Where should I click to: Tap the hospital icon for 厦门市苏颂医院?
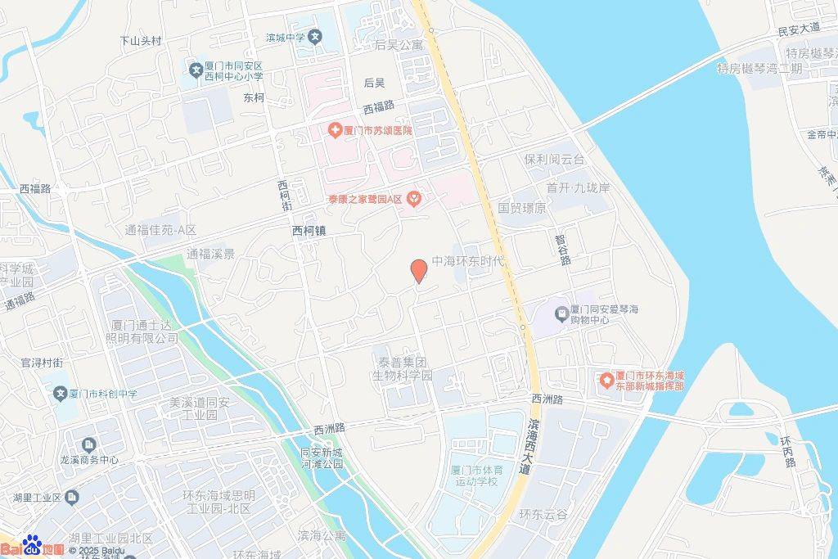[335, 130]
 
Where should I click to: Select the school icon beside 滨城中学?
[316, 37]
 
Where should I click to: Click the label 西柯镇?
[309, 232]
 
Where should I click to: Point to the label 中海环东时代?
[470, 262]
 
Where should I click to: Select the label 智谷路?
[562, 249]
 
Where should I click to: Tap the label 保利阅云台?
[554, 160]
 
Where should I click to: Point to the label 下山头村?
[141, 40]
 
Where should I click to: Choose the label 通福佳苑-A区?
[160, 231]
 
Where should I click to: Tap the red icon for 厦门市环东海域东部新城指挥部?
[606, 381]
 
